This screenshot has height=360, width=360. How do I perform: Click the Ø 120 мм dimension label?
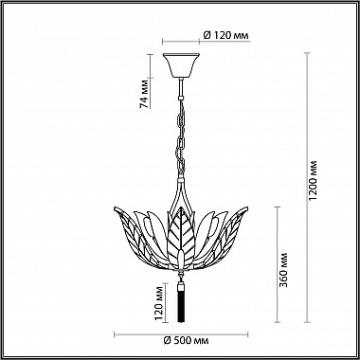pyautogui.click(x=225, y=35)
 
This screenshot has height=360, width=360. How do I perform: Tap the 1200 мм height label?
pyautogui.click(x=313, y=180)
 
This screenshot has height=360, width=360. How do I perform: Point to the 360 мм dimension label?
pyautogui.click(x=284, y=269)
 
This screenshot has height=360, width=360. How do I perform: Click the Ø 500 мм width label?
pyautogui.click(x=187, y=341)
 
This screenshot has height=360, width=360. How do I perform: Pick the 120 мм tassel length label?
pyautogui.click(x=160, y=302)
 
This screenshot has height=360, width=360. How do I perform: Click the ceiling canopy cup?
pyautogui.click(x=181, y=65)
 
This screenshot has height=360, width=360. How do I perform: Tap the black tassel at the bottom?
pyautogui.click(x=181, y=306)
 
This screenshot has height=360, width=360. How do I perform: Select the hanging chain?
pyautogui.click(x=181, y=136)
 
